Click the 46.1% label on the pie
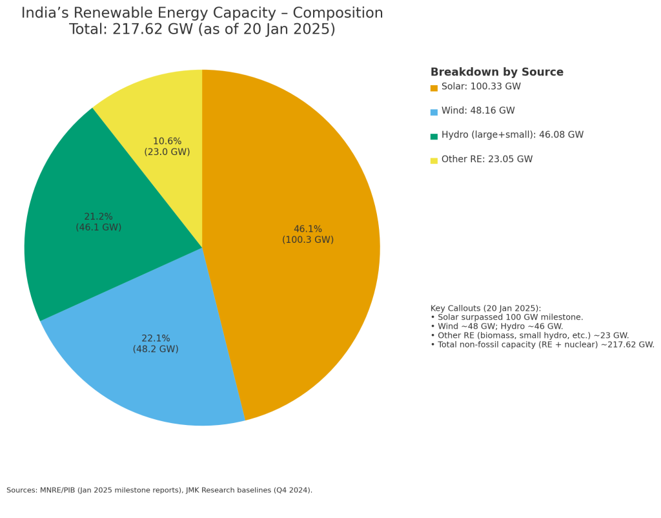308,229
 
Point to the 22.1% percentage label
156,338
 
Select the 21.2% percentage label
98,217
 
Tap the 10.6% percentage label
167,141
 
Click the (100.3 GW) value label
308,240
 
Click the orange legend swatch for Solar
434,88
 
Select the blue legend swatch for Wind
434,112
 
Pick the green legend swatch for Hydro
434,136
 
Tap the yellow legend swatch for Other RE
434,160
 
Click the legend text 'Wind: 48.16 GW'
478,111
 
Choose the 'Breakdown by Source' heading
496,72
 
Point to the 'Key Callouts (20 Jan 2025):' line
485,309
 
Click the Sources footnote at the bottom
159,490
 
